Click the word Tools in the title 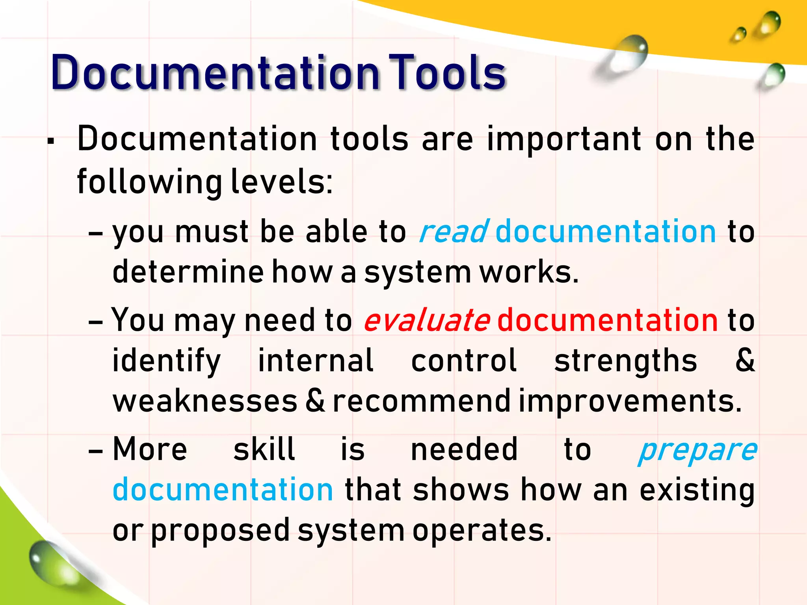(x=447, y=73)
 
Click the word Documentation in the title (x=215, y=73)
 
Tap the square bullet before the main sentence (x=50, y=141)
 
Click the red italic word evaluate (x=427, y=320)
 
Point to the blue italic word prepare (x=697, y=450)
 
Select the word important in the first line (x=564, y=140)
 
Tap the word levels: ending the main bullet (x=282, y=182)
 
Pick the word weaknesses (x=205, y=401)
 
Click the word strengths (x=625, y=360)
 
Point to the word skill (x=264, y=449)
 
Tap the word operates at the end (x=482, y=531)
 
